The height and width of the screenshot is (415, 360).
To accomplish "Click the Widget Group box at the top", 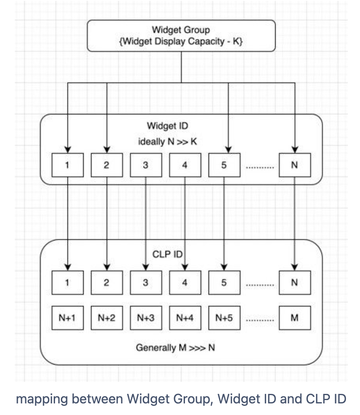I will coord(181,36).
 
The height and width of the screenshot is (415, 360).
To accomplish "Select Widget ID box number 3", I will coord(145,165).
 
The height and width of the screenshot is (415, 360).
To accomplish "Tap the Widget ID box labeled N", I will coord(295,165).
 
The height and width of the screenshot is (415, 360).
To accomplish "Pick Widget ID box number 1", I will coord(67,165).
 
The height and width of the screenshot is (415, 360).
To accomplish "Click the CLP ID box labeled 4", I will coord(185,282).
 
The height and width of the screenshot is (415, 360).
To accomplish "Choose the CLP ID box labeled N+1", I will coord(67,318).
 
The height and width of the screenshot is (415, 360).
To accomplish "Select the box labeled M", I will coord(295,318).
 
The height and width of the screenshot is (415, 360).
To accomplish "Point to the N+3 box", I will coord(145,318).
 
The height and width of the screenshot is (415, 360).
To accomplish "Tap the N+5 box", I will coord(224,318).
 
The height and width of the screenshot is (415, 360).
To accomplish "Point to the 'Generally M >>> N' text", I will coord(175,347).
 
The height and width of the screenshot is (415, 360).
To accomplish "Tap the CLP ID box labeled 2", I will coord(106,282).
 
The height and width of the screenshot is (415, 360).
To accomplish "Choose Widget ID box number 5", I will coord(224,165).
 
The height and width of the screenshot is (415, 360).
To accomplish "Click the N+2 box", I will coord(106,318).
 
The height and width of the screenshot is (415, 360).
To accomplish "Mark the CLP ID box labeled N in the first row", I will coord(295,282).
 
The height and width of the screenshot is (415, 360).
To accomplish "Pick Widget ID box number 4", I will coord(185,165).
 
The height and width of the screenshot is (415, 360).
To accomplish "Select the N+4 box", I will coord(185,318).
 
